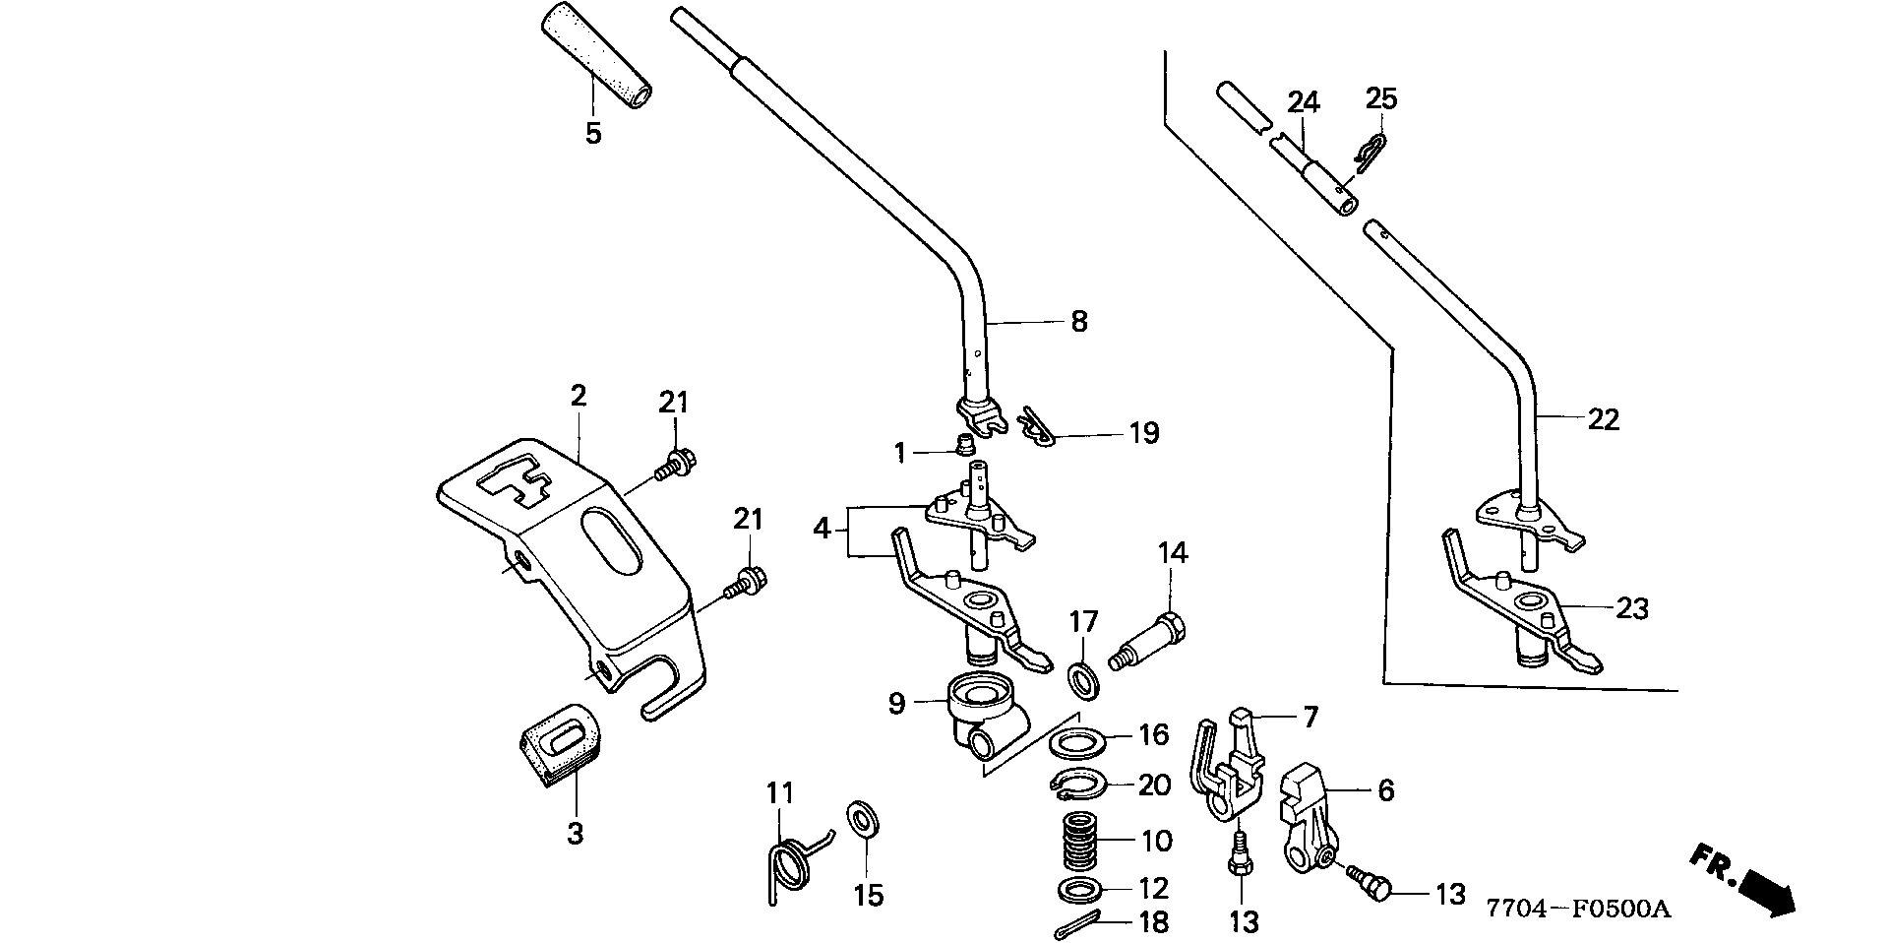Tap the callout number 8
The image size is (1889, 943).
(x=1079, y=321)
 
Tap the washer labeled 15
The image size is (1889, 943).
(x=863, y=817)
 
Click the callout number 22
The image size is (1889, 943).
(x=1603, y=419)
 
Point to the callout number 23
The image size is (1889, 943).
(x=1632, y=609)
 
